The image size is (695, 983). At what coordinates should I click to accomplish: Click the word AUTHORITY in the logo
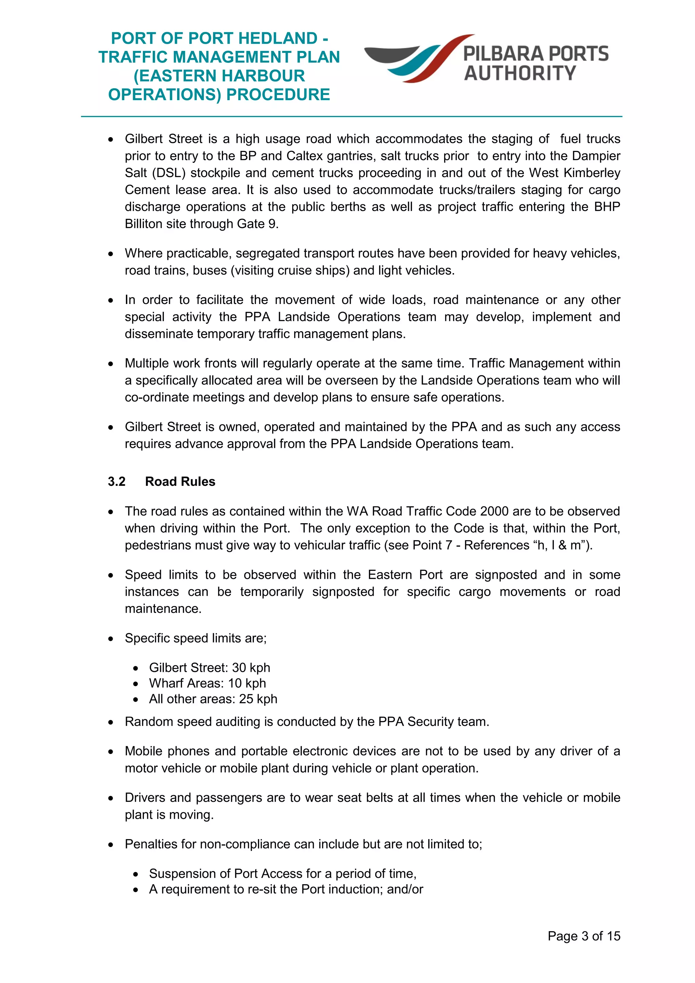(520, 73)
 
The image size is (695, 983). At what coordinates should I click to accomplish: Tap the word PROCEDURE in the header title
(278, 95)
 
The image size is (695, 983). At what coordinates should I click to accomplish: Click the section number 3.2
(116, 481)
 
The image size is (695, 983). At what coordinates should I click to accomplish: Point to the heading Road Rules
(180, 481)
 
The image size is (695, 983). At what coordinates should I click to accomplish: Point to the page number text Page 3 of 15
(584, 936)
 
